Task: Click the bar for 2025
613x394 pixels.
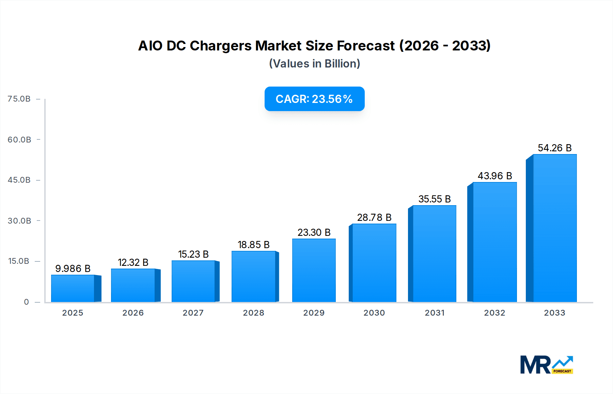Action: tap(73, 288)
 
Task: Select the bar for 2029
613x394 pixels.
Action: tap(314, 270)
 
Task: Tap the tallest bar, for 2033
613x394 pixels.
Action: tap(554, 228)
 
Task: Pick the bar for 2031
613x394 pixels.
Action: tap(434, 254)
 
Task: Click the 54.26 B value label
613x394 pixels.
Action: tap(554, 148)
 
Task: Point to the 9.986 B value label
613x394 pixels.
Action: tap(73, 269)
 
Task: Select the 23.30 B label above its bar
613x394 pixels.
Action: tap(314, 232)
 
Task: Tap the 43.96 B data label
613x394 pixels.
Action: tap(494, 176)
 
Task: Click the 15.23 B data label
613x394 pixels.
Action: tap(193, 254)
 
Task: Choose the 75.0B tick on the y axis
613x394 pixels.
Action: tap(19, 99)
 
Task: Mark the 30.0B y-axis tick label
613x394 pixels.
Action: tap(19, 221)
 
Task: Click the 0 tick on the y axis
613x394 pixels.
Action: tap(26, 302)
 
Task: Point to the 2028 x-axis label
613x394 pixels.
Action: tap(253, 313)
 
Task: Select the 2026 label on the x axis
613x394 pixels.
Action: tap(133, 313)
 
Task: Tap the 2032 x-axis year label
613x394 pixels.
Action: tap(494, 313)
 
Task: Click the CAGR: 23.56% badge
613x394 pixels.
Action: tap(314, 99)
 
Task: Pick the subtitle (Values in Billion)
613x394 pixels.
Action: tap(314, 64)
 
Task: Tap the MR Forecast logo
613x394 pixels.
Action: tap(546, 365)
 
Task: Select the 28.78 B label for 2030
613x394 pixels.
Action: tap(374, 217)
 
